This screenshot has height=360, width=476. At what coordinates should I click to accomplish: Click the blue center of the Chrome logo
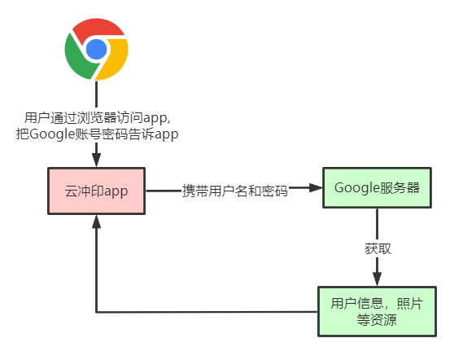(x=96, y=49)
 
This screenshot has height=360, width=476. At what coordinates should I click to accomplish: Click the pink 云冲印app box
(x=96, y=191)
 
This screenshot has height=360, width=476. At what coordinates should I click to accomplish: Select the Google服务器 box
(x=377, y=187)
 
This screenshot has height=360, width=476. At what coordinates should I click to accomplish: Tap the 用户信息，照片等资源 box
(x=377, y=311)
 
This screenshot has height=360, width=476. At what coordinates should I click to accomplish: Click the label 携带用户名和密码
(x=234, y=191)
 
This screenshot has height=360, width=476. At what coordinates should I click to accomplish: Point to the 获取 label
(x=378, y=248)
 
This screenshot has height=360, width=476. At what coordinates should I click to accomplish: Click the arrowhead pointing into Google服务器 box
(x=316, y=188)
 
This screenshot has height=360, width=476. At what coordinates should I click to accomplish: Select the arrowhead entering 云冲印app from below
(x=96, y=222)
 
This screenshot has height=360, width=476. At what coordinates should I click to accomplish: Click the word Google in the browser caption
(x=52, y=134)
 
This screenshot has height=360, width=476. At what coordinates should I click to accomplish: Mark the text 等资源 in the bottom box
(x=377, y=320)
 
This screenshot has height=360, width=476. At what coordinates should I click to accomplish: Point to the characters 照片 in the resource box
(x=409, y=303)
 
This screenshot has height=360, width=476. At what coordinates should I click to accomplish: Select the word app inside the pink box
(x=116, y=191)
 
